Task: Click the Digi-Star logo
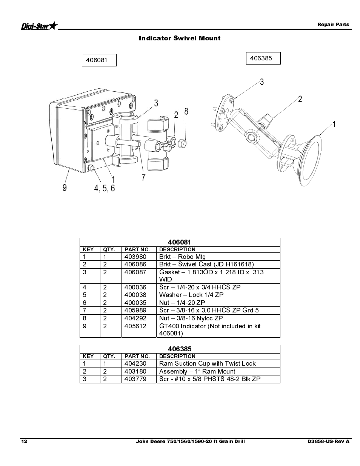pos(39,26)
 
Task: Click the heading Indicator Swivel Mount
pos(180,38)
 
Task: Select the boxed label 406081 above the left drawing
pos(99,60)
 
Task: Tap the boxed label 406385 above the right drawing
pos(263,58)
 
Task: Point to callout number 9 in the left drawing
pos(65,188)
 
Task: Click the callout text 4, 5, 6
pos(104,188)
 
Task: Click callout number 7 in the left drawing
pos(143,177)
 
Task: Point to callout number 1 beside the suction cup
pos(334,124)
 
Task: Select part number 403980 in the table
pos(135,257)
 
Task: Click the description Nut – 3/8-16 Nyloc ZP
pos(191,318)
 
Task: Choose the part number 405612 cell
pos(135,326)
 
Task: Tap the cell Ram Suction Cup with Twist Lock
pos(207,364)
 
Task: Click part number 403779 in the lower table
pos(135,379)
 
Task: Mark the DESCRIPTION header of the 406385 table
pos(177,356)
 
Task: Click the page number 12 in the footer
pos(24,441)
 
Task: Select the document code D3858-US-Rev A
pos(328,441)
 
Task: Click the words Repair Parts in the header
pos(333,25)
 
